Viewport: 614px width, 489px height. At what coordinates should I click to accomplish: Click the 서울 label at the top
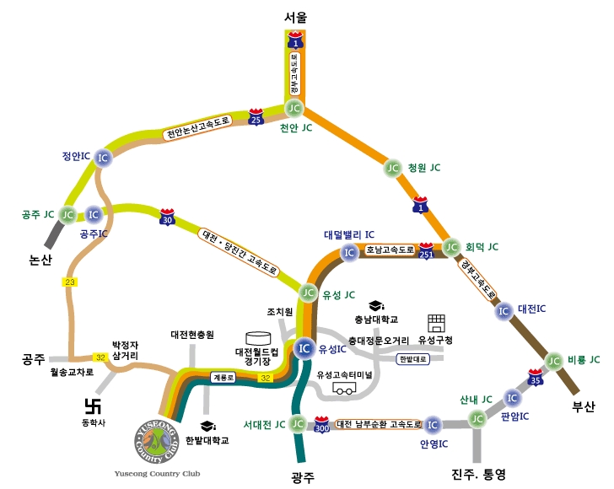pyautogui.click(x=295, y=16)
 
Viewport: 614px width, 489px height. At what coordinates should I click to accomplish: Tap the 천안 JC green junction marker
pyautogui.click(x=294, y=108)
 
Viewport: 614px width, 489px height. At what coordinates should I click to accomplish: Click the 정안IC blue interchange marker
pyautogui.click(x=102, y=158)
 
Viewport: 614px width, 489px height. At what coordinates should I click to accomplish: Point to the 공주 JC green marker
pyautogui.click(x=67, y=215)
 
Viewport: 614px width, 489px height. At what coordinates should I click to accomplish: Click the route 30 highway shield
pyautogui.click(x=168, y=219)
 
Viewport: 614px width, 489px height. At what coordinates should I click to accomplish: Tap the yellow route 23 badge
pyautogui.click(x=69, y=282)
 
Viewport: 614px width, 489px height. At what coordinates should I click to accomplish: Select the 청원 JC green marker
pyautogui.click(x=392, y=168)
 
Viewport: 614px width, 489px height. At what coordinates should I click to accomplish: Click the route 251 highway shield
pyautogui.click(x=427, y=250)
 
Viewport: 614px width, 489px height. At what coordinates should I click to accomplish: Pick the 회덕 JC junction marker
pyautogui.click(x=452, y=248)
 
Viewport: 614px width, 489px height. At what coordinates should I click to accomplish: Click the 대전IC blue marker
pyautogui.click(x=504, y=310)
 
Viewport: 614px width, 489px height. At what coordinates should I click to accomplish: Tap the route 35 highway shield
pyautogui.click(x=534, y=376)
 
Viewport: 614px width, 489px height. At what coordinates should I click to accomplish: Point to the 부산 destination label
pyautogui.click(x=584, y=407)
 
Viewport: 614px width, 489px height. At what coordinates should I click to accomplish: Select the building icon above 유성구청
pyautogui.click(x=435, y=324)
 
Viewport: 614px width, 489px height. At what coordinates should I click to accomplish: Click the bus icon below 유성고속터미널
pyautogui.click(x=344, y=389)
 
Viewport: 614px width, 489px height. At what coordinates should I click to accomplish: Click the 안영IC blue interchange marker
pyautogui.click(x=432, y=425)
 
